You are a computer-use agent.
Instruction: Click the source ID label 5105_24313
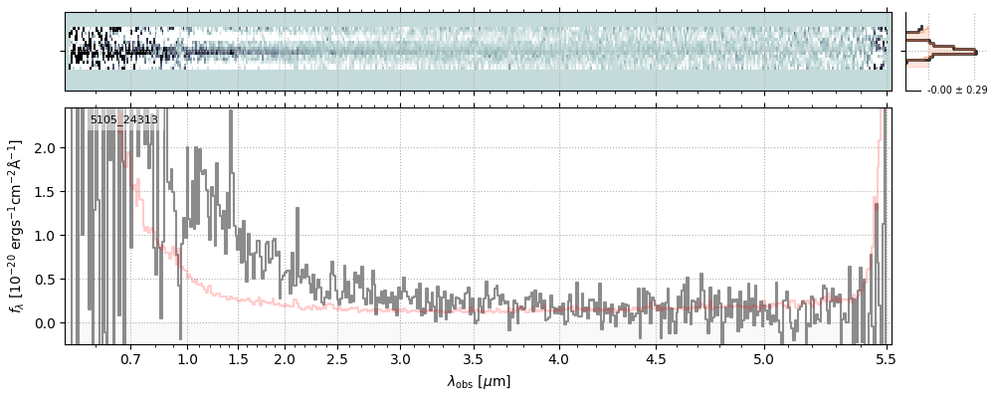point(123,120)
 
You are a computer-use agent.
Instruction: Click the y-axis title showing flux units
point(17,227)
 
